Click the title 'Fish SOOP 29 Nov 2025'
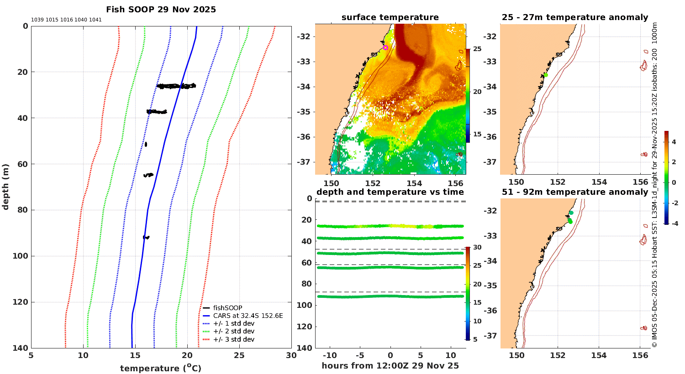pyautogui.click(x=161, y=10)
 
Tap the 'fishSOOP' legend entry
pyautogui.click(x=227, y=308)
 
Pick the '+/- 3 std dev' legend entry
pyautogui.click(x=233, y=339)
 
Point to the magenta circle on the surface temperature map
pyautogui.click(x=385, y=47)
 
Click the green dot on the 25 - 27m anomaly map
pyautogui.click(x=546, y=75)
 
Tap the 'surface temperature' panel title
pyautogui.click(x=390, y=17)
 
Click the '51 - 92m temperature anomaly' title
pyautogui.click(x=575, y=192)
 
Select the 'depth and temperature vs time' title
pyautogui.click(x=390, y=192)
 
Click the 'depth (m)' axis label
pyautogui.click(x=5, y=187)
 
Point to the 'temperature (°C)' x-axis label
pyautogui.click(x=161, y=368)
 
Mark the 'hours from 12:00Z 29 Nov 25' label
pyautogui.click(x=390, y=366)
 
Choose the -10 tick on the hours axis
pyautogui.click(x=330, y=356)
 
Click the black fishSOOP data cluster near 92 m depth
pyautogui.click(x=146, y=237)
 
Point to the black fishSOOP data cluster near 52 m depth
pyautogui.click(x=146, y=144)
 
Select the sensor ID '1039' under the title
pyautogui.click(x=37, y=20)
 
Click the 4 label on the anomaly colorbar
pyautogui.click(x=674, y=142)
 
